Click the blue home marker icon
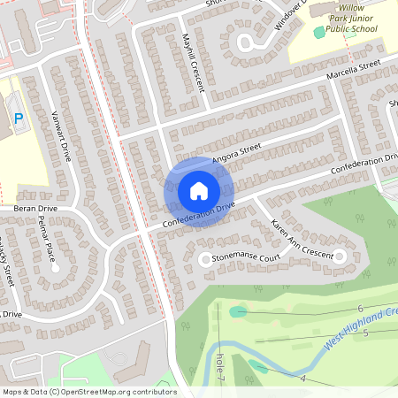(198, 191)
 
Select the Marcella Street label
(352, 69)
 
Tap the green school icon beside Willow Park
(319, 33)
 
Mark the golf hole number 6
(360, 308)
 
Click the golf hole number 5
(365, 333)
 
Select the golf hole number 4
(303, 378)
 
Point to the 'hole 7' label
(219, 367)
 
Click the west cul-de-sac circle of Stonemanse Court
(204, 259)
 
